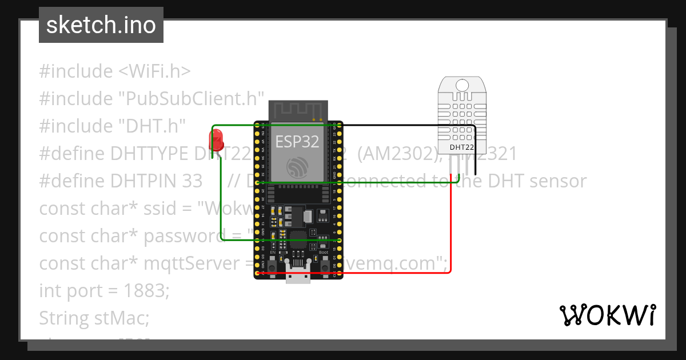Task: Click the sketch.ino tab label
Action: (x=101, y=25)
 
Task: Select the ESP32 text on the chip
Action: (x=298, y=141)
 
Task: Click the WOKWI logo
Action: (x=608, y=315)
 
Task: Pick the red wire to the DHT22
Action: (x=452, y=229)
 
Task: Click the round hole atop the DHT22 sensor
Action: (x=462, y=85)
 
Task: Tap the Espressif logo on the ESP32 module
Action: (x=298, y=167)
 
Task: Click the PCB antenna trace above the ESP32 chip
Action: (x=298, y=109)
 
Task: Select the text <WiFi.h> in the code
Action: (x=154, y=71)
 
